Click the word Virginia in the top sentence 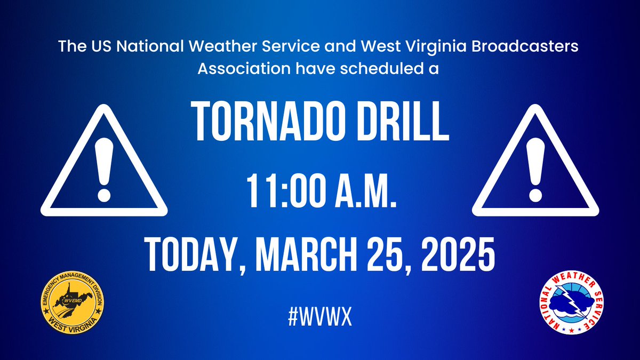pyautogui.click(x=464, y=46)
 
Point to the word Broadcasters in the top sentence pyautogui.click(x=538, y=46)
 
